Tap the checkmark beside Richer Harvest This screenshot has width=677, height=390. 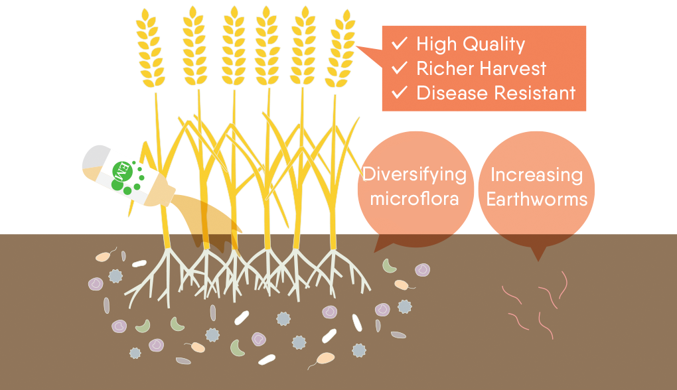tap(400, 68)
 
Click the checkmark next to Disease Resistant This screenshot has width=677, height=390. tap(400, 93)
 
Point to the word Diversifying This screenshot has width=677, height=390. tap(414, 175)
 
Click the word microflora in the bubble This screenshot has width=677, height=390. tap(414, 198)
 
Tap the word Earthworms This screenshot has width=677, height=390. tap(537, 198)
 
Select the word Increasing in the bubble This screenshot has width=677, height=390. tap(536, 175)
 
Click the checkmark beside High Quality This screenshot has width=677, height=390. tap(400, 44)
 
